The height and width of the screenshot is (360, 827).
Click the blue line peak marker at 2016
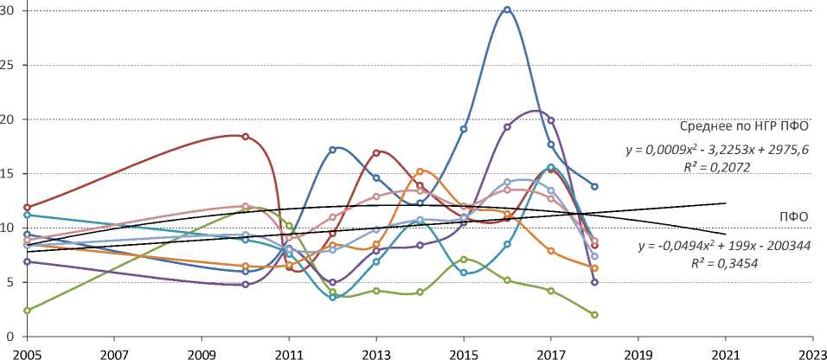pyautogui.click(x=507, y=10)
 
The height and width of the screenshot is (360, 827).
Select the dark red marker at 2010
pyautogui.click(x=246, y=137)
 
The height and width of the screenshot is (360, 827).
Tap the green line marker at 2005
pyautogui.click(x=28, y=310)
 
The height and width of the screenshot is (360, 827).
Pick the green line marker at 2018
pyautogui.click(x=595, y=314)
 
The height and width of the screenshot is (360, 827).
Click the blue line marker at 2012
pyautogui.click(x=333, y=150)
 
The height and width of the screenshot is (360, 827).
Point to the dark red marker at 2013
pyautogui.click(x=376, y=153)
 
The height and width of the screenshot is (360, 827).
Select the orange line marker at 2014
pyautogui.click(x=420, y=171)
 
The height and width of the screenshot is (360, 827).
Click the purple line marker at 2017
pyautogui.click(x=551, y=120)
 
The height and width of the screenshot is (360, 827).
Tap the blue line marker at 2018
pyautogui.click(x=595, y=186)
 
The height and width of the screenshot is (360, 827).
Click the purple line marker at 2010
pyautogui.click(x=246, y=284)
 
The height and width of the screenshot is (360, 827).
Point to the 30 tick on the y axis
pyautogui.click(x=17, y=10)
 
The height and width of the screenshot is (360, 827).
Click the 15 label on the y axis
pyautogui.click(x=17, y=173)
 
